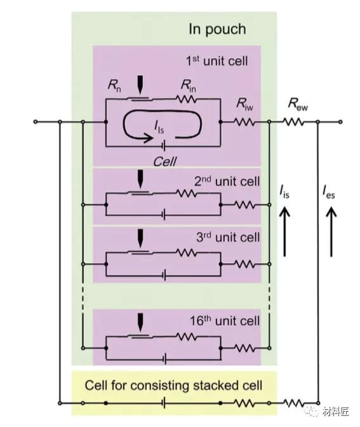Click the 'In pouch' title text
point(217,29)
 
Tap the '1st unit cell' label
point(217,61)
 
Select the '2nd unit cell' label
point(227,181)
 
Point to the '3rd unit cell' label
point(228,237)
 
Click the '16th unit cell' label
point(225,321)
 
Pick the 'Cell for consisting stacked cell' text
point(173,385)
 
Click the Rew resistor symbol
point(293,122)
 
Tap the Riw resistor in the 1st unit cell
point(245,122)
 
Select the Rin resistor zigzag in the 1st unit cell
point(187,99)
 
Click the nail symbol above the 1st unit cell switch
point(140,85)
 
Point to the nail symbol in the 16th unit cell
point(140,322)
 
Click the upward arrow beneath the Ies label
point(331,232)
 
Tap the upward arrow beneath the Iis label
point(284,232)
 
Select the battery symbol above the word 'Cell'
point(164,147)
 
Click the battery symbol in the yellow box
point(164,403)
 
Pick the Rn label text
point(114,86)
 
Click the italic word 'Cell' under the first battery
point(165,162)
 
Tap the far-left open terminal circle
point(36,122)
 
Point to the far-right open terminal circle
point(340,122)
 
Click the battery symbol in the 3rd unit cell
point(164,275)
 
